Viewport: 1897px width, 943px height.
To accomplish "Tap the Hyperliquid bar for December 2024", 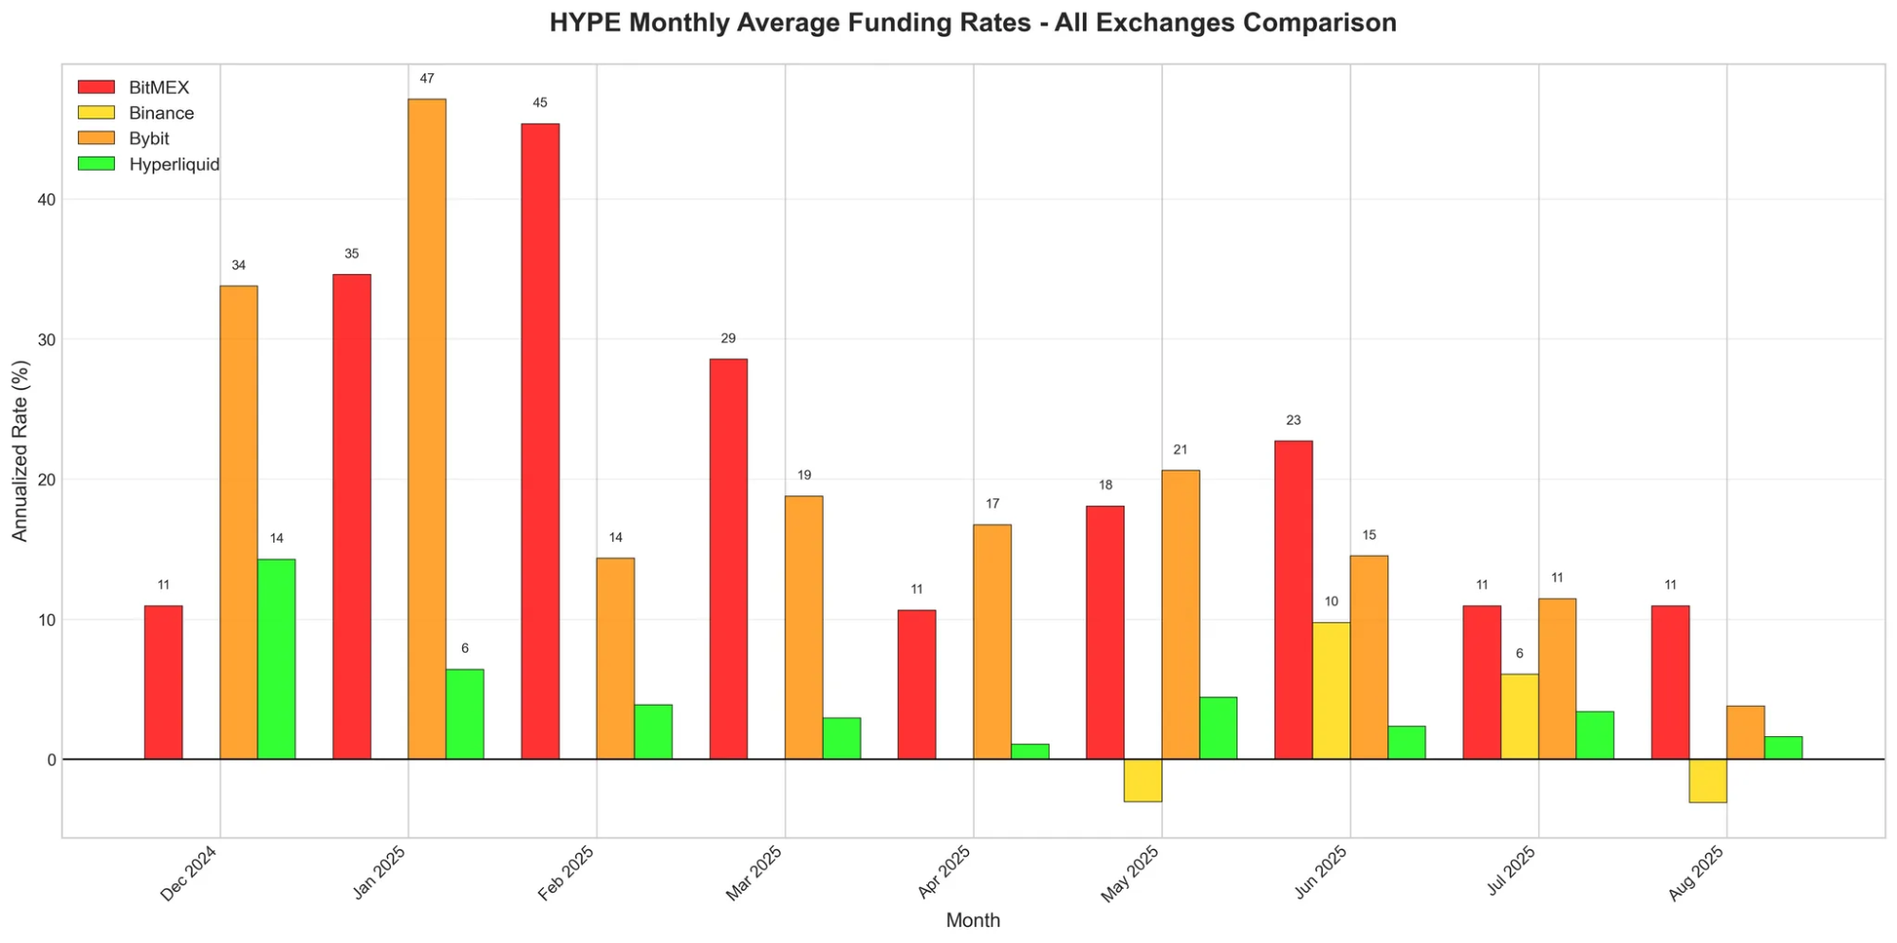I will click(x=276, y=659).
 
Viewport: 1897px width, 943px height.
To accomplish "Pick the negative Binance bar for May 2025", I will click(x=1143, y=780).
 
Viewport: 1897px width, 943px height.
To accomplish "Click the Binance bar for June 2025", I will click(x=1330, y=691).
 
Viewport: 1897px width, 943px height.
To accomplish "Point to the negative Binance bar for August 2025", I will click(x=1707, y=781).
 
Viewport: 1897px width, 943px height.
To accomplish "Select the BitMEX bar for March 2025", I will click(x=728, y=559).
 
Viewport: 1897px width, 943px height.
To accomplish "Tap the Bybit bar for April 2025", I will click(x=992, y=641).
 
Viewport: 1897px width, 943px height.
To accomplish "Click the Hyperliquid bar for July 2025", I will click(x=1594, y=735).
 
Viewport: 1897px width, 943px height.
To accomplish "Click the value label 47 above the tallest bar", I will click(x=427, y=79).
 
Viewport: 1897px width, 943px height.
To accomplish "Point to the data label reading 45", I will click(x=540, y=103).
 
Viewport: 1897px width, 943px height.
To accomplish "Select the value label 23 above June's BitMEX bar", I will click(x=1293, y=420).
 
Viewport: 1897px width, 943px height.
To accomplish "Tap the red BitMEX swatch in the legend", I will click(x=96, y=87).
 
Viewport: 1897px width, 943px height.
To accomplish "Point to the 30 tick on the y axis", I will click(x=46, y=340).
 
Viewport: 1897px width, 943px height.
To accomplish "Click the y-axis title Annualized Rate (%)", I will click(x=20, y=452).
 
